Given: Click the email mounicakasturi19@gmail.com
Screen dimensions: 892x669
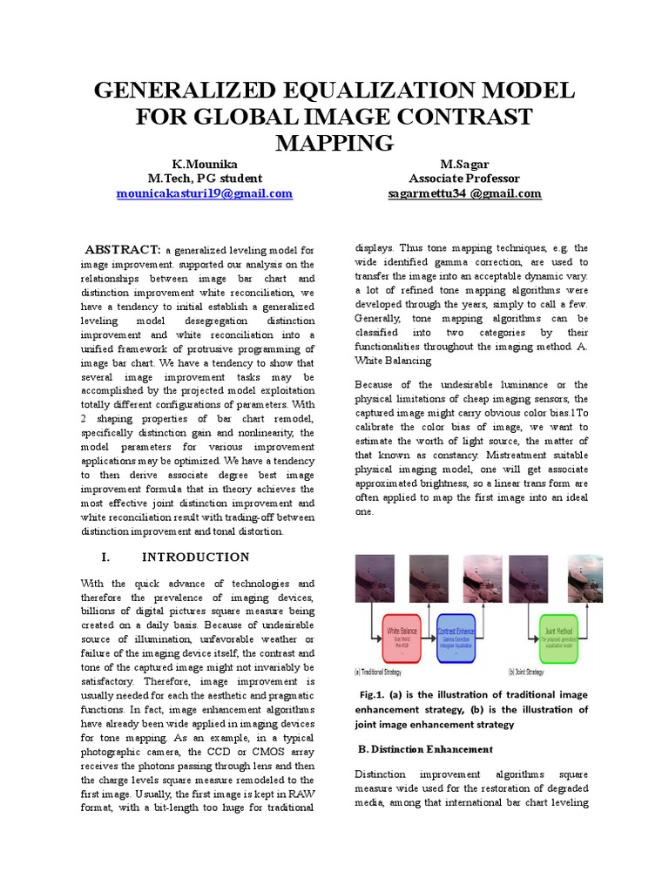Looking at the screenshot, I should pos(205,193).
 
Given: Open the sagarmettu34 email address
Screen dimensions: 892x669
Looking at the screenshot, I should pos(464,193).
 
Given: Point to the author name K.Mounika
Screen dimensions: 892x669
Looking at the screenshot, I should pos(205,164).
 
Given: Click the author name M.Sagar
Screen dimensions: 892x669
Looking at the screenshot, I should pos(464,164).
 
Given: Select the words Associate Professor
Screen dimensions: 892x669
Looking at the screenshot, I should pos(464,179).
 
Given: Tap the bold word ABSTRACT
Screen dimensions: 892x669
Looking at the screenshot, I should pos(121,249).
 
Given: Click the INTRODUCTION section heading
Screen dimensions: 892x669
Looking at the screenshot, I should pos(195,557).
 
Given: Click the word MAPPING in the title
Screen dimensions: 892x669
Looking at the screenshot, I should pos(334,142).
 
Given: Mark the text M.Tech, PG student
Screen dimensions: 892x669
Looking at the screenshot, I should pos(205,179).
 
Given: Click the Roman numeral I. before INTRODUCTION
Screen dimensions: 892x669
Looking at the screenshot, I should pos(105,557).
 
